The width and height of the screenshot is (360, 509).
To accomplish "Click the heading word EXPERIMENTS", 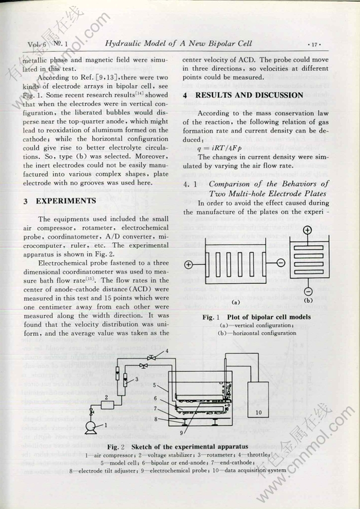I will [x=66, y=201].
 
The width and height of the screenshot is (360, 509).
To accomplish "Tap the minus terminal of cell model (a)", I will [x=281, y=263].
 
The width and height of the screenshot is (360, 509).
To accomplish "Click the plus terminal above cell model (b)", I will [x=308, y=230].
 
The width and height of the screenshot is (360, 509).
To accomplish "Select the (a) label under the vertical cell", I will [x=236, y=302].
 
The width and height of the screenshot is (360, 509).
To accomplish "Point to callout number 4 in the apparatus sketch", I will [x=167, y=351].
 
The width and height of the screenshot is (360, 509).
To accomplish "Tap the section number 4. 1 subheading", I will [x=191, y=184].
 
